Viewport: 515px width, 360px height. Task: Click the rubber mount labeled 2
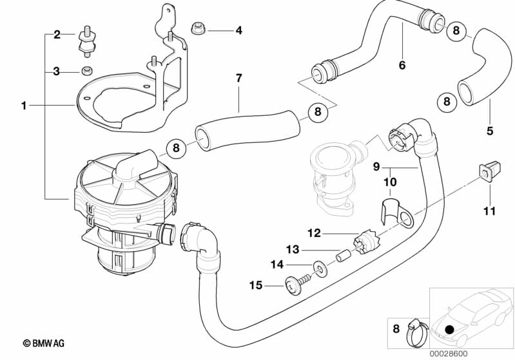point(86,41)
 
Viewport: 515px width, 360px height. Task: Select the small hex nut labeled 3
point(88,71)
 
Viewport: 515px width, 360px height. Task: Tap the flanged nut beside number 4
point(198,28)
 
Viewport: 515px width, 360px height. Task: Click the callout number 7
point(238,79)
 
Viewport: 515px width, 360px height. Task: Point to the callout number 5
point(490,131)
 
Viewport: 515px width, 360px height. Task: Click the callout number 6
point(402,65)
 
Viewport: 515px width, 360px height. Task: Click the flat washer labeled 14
point(318,267)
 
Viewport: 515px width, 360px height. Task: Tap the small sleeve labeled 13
point(343,254)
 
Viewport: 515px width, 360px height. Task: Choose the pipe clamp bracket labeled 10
point(396,214)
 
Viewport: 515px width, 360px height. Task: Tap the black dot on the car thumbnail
point(450,329)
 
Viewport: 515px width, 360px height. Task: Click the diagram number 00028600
point(449,354)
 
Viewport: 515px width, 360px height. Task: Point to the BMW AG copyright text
point(44,344)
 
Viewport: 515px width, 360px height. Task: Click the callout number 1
point(24,106)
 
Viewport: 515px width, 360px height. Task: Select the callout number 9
point(376,167)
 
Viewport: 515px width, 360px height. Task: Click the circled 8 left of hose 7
point(177,148)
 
